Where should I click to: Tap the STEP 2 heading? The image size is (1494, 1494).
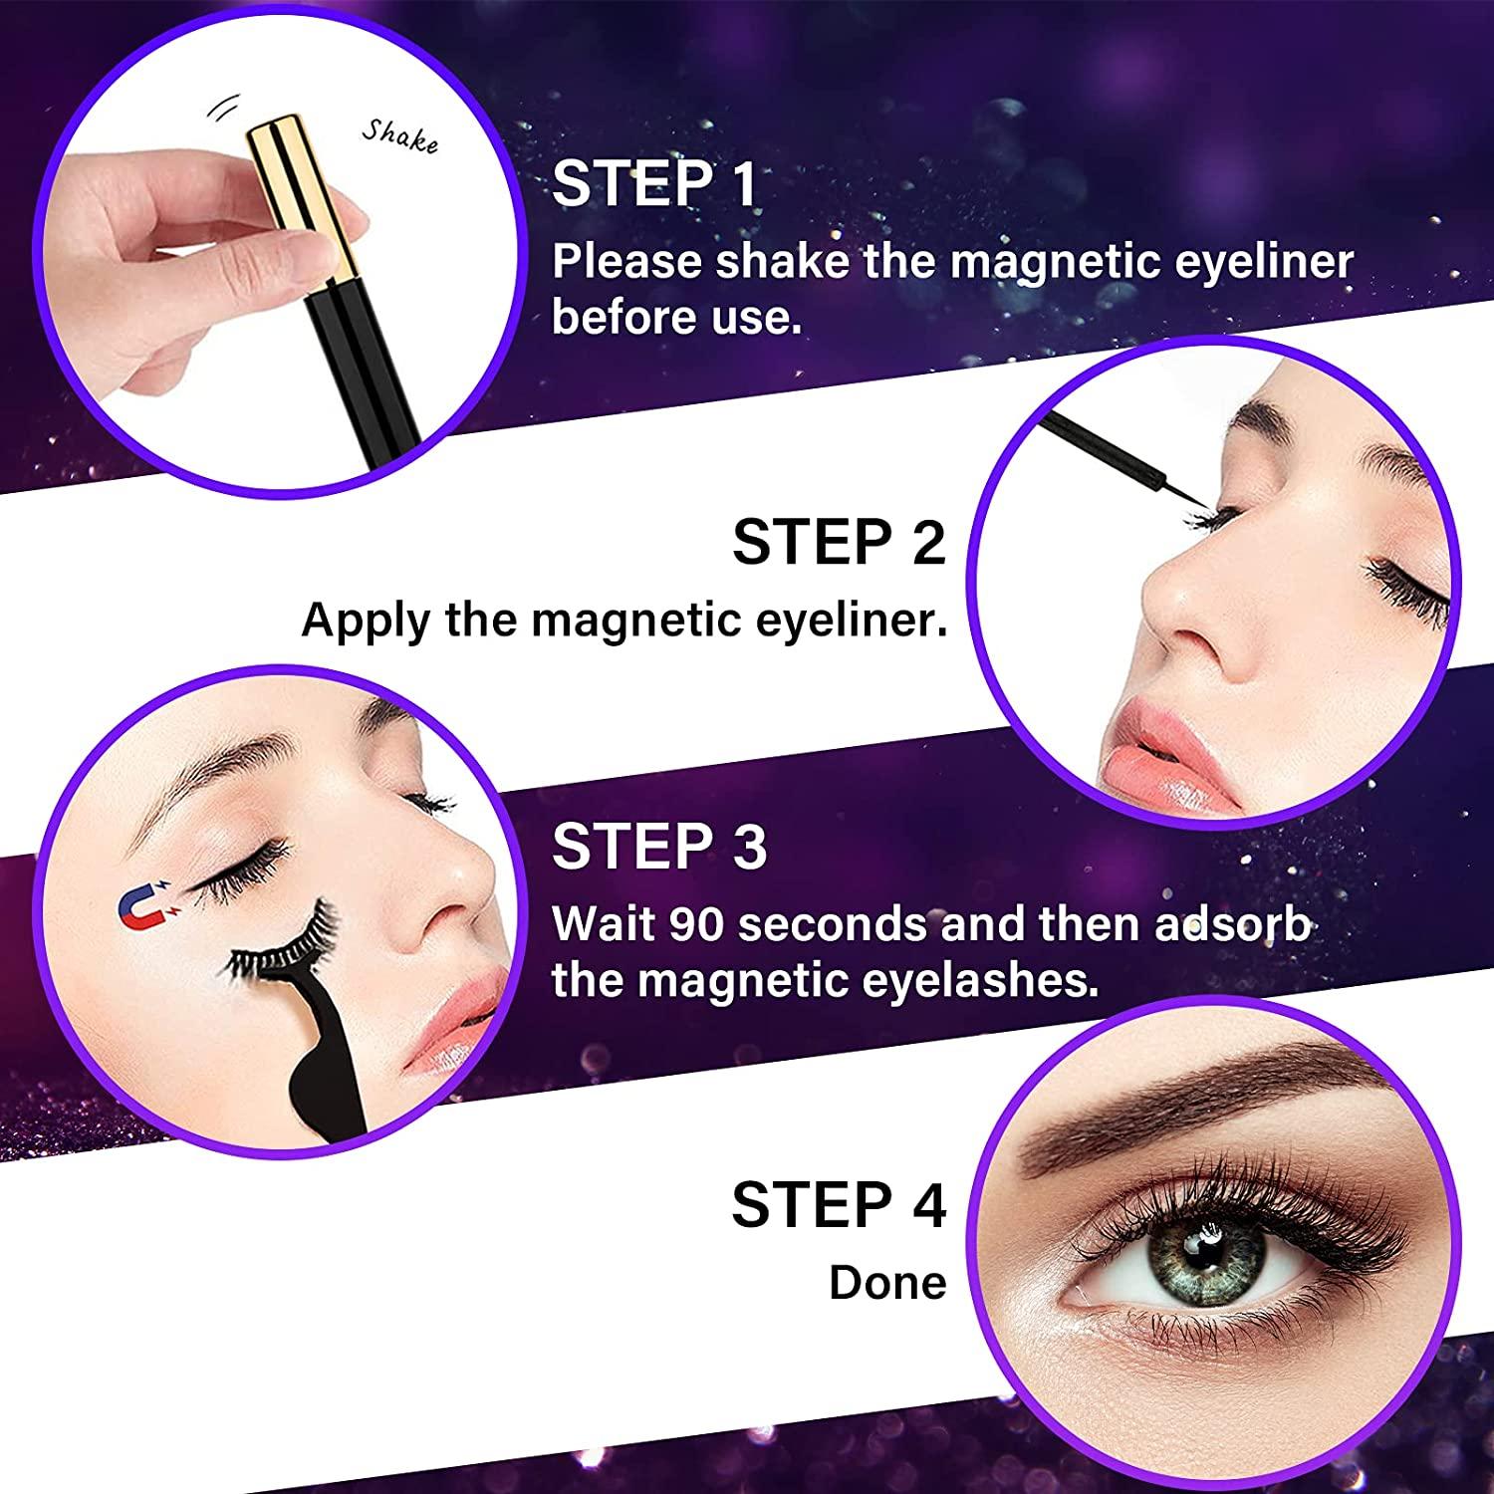839,542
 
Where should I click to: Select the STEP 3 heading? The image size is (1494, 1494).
659,847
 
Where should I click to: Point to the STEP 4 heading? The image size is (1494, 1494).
839,1205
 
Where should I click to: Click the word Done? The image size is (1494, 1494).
887,1283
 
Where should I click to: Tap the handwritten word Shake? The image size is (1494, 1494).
399,136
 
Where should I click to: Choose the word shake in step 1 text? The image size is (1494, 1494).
782,262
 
